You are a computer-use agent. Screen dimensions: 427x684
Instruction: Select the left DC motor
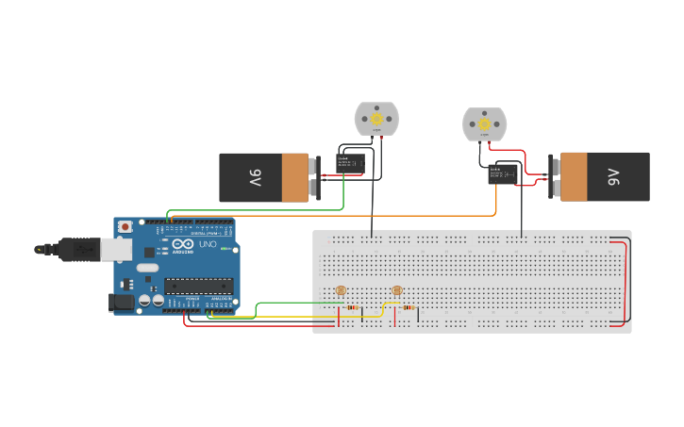[376, 120]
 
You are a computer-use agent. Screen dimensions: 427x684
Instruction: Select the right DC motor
[484, 124]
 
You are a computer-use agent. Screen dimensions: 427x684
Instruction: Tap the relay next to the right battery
[503, 173]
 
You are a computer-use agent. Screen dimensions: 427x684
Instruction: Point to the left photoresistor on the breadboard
[341, 290]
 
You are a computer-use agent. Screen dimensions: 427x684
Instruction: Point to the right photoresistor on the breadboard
[396, 290]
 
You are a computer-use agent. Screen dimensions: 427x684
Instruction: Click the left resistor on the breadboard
[352, 307]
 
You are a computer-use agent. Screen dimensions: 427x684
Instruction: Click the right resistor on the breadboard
[408, 307]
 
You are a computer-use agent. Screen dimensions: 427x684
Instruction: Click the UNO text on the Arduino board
[207, 245]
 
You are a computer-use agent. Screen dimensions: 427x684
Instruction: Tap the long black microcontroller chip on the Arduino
[198, 285]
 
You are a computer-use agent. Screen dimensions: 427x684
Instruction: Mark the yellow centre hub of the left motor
[376, 119]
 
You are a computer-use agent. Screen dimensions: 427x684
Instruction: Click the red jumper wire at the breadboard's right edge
[626, 283]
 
